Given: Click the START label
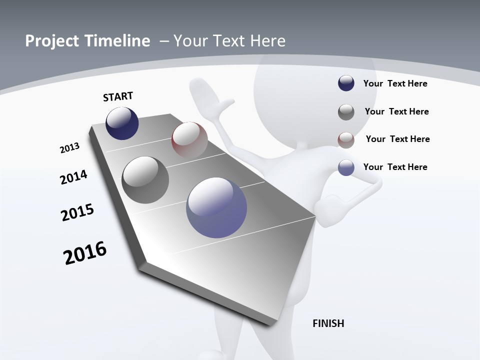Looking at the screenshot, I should pos(118,96).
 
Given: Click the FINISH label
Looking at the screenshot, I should pos(328,323).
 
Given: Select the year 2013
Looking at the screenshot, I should pos(70,148).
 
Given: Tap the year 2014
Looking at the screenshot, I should pos(73,177).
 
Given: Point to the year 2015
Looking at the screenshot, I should pos(77,212).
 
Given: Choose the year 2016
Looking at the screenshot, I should pos(85,252).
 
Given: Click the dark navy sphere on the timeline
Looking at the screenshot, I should pos(122,123).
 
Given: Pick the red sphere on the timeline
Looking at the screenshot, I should pos(189,140).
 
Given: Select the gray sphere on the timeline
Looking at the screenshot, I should pos(145,180).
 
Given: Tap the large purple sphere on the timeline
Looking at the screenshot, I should pos(216,207).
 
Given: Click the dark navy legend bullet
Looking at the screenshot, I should pos(346,83).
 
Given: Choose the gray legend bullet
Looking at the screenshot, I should pos(346,112).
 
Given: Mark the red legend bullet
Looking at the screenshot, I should pos(346,140).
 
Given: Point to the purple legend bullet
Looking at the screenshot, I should pos(346,167).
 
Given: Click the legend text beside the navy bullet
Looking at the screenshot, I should pos(395,83).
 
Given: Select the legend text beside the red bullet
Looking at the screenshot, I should pos(397,139).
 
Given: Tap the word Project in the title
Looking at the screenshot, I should pos(50,41).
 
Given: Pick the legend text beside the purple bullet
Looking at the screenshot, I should pos(395,167).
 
